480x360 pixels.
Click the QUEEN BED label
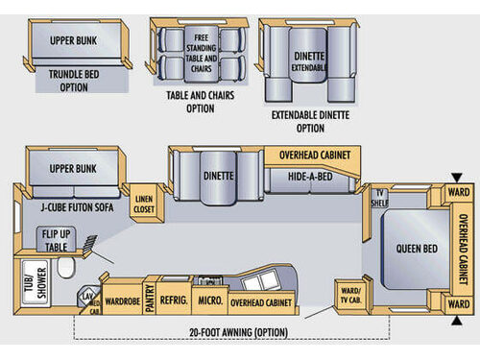[x=417, y=250]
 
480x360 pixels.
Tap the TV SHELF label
[x=381, y=199]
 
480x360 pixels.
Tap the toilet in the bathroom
[x=65, y=272]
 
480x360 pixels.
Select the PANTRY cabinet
[x=150, y=300]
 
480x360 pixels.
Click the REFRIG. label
[x=174, y=300]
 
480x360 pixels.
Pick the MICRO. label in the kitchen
[x=209, y=300]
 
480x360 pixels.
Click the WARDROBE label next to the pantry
[x=122, y=300]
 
